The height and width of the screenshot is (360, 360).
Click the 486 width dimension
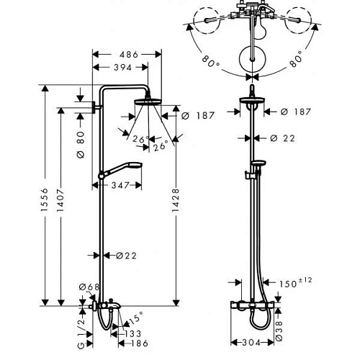click(129, 55)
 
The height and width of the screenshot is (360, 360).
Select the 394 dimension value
click(122, 68)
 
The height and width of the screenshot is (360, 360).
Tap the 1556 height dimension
click(45, 199)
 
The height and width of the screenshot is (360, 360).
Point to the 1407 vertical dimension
click(60, 200)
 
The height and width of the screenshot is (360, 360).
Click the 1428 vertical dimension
click(176, 200)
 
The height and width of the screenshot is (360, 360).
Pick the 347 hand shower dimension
click(120, 185)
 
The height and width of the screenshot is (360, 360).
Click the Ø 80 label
click(81, 145)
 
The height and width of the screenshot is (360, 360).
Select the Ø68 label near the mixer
click(89, 287)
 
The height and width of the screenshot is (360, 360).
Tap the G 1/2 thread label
click(81, 333)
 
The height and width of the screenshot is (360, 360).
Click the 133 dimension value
click(133, 333)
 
